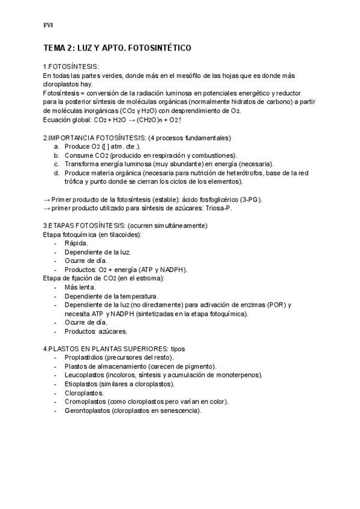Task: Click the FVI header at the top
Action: (48, 25)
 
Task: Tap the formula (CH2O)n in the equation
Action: (145, 120)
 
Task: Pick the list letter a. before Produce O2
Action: (56, 146)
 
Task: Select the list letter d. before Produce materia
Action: (56, 172)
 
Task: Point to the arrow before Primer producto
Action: (47, 199)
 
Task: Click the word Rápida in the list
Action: (76, 243)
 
